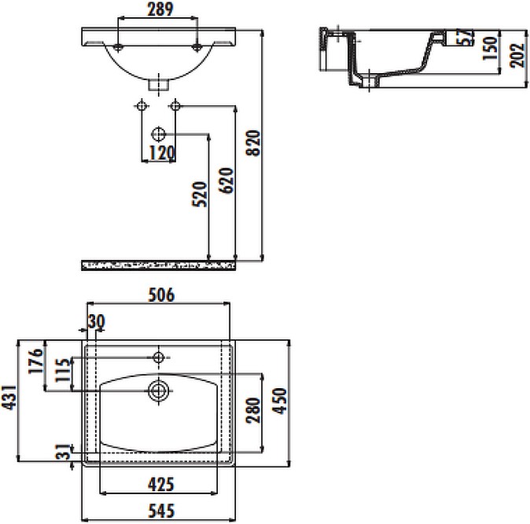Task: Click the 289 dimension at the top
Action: tap(160, 9)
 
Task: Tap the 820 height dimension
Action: tap(253, 143)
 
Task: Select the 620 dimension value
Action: tap(226, 181)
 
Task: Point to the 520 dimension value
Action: tap(200, 194)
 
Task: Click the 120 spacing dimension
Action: tap(161, 153)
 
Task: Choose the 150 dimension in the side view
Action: tap(490, 48)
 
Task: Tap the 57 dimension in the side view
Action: tap(465, 37)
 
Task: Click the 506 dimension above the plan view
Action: tap(161, 295)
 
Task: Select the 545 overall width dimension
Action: tap(161, 511)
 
